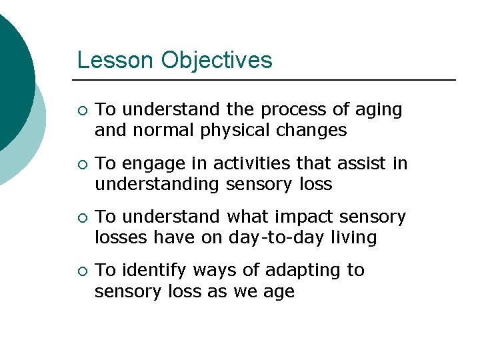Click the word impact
[291, 217]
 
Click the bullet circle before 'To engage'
[81, 164]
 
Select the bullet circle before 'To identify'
[81, 271]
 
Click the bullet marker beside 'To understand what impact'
[81, 217]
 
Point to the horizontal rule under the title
[267, 80]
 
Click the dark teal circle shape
[10, 73]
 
